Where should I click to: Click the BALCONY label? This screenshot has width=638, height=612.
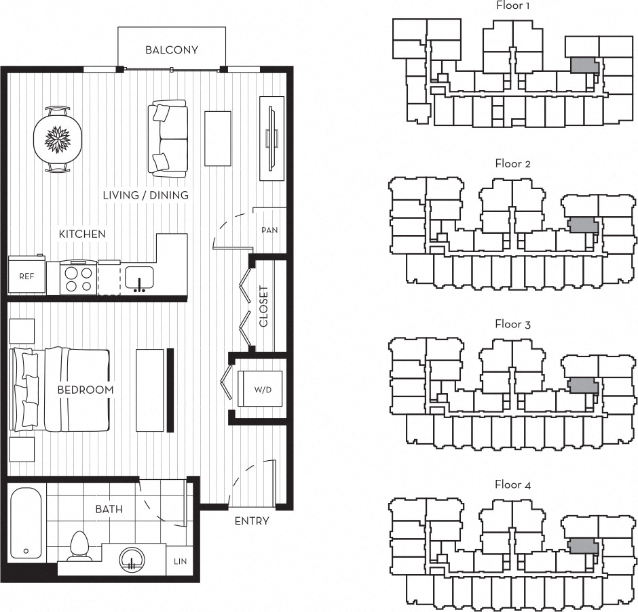coord(172,50)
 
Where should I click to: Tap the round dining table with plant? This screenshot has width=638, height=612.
coord(58,139)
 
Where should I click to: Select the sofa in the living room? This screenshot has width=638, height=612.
coord(168,138)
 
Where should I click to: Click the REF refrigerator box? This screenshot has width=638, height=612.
coord(27,274)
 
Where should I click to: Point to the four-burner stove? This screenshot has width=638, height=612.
coord(79,277)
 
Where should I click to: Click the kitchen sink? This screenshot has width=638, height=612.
coord(139,279)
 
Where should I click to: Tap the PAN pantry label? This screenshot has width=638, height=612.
coord(269,230)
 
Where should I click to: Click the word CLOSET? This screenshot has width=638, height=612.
coord(263,306)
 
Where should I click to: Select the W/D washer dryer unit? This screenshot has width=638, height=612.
coord(260,388)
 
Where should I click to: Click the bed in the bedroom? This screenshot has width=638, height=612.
coord(60,389)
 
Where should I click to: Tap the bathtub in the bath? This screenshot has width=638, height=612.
coord(26,523)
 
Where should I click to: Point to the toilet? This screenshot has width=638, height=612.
coord(79,546)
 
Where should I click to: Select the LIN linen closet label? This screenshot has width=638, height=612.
coord(181,561)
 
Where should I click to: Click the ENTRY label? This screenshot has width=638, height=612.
coord(252,521)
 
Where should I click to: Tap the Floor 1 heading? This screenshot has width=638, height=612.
coord(512,5)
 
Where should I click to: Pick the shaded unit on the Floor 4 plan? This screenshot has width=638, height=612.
coord(583,546)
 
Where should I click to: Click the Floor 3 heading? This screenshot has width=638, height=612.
coord(512,324)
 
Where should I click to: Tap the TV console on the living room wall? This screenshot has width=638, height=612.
coord(271,138)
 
